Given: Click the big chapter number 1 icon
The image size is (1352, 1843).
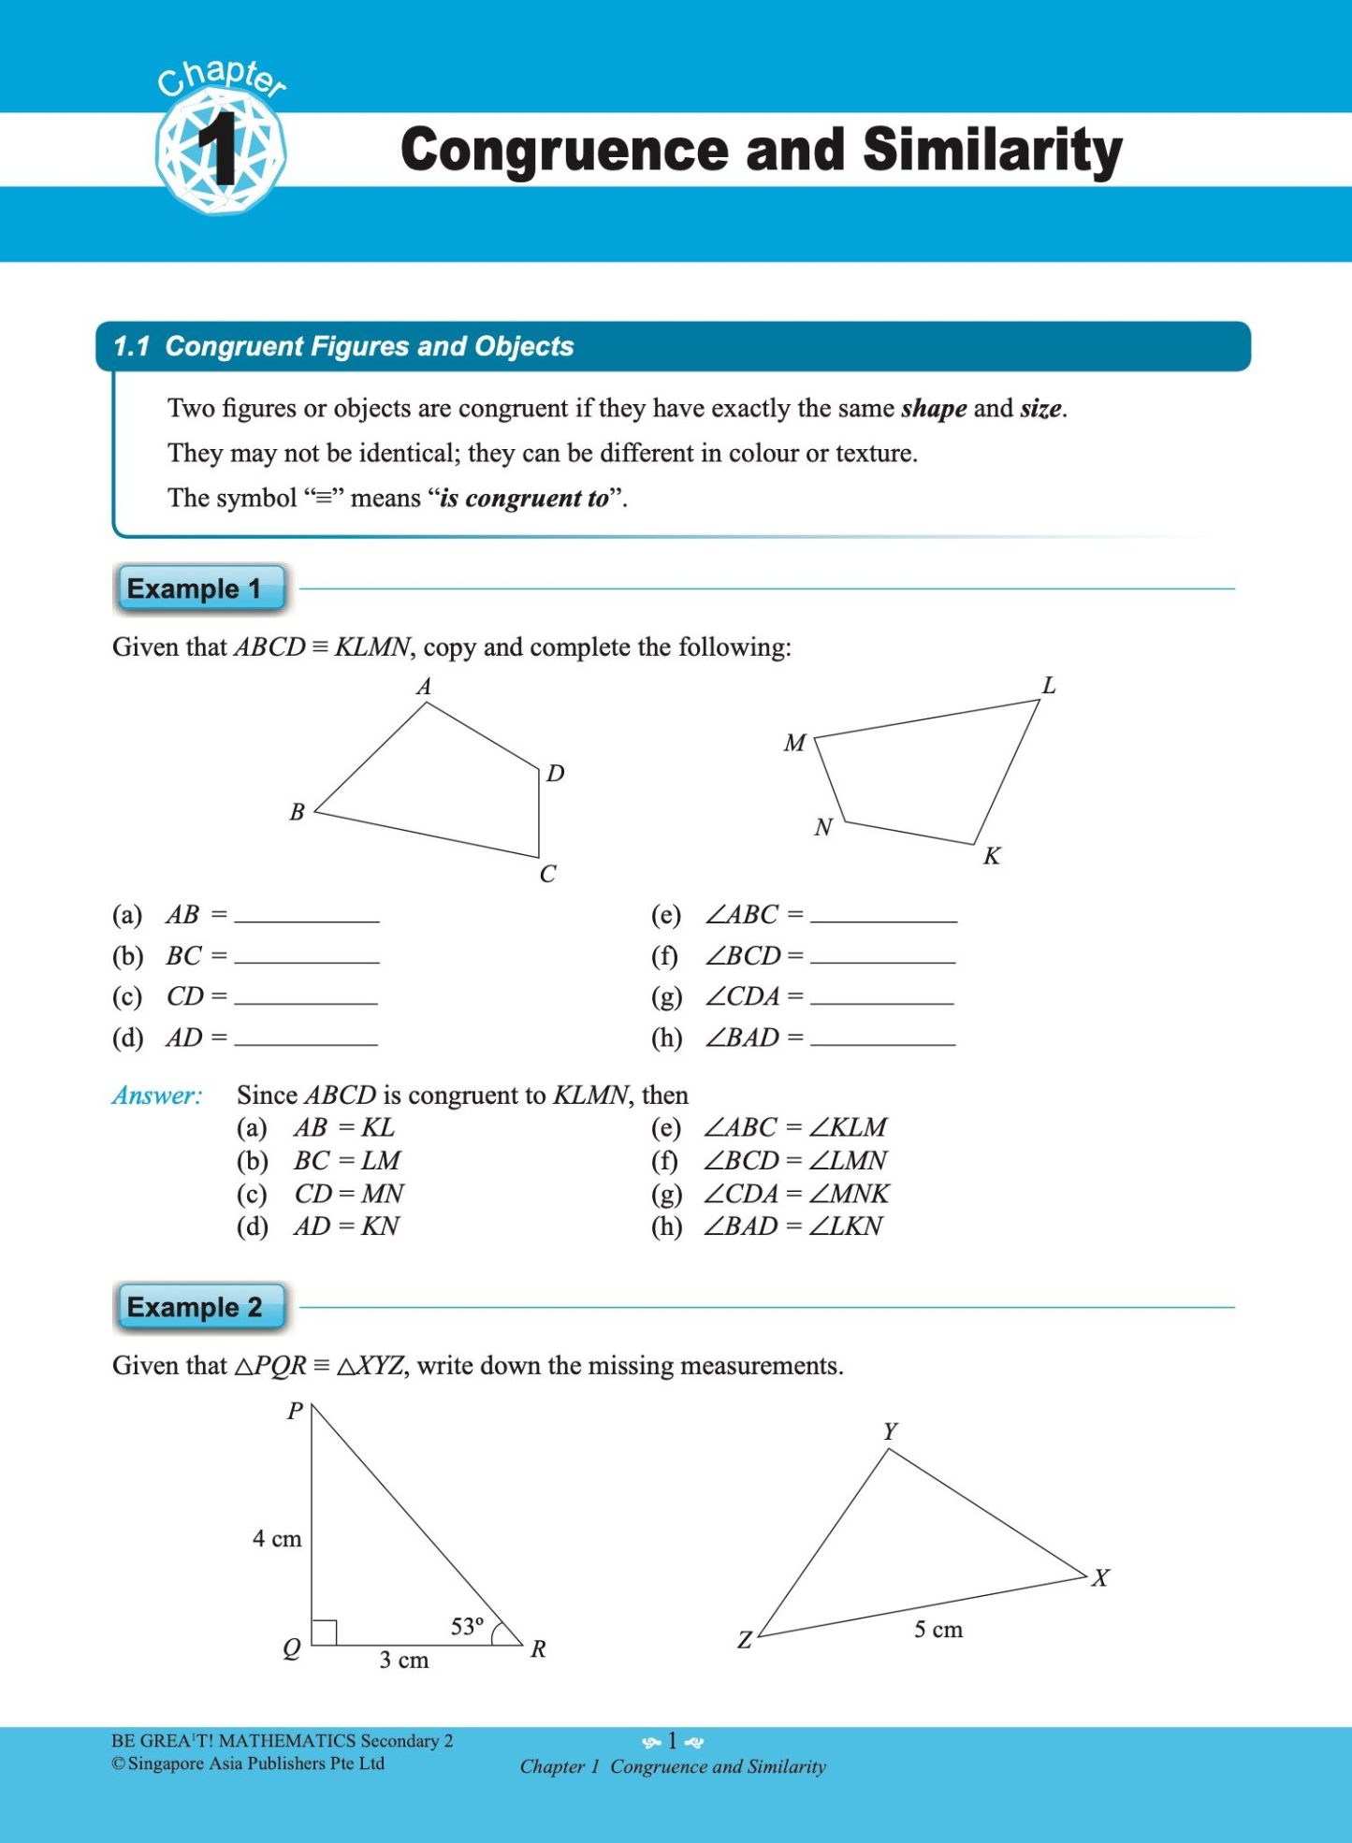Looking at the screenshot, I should point(221,150).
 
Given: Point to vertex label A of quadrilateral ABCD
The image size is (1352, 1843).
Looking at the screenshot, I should point(424,687).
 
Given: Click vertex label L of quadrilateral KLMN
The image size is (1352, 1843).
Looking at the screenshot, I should point(1049,686).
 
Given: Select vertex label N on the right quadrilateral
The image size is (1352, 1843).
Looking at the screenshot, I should point(823,827).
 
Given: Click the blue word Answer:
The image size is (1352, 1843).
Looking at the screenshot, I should point(157,1096).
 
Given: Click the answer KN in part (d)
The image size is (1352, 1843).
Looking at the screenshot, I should point(380,1226).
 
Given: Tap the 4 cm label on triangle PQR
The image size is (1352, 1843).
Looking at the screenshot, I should point(277,1539).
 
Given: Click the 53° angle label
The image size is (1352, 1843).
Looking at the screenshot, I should point(467,1627).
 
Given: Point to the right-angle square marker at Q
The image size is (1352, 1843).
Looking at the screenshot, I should point(324,1633).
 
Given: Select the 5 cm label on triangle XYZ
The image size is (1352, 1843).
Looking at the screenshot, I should point(938,1630).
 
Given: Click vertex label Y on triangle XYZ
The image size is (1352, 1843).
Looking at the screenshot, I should point(890,1431).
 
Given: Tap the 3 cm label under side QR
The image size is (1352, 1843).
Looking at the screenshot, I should point(404,1661).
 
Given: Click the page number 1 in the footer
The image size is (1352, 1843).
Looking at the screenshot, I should point(672,1741).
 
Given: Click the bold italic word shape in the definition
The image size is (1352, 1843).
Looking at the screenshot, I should point(934,409).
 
